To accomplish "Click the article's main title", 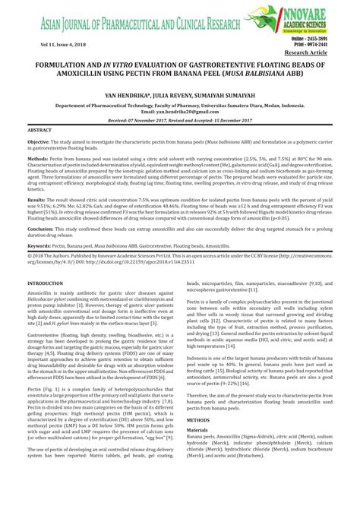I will tap(180, 74).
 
